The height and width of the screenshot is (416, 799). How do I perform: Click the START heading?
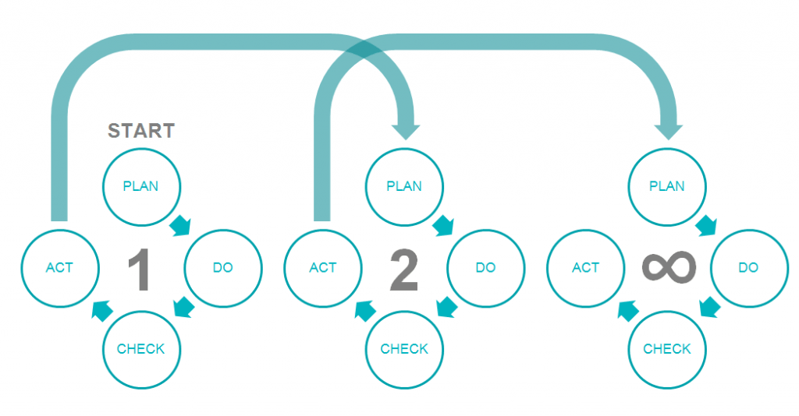(x=140, y=130)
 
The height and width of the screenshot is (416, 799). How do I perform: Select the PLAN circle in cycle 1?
(x=141, y=186)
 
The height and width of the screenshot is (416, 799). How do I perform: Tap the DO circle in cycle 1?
(x=222, y=267)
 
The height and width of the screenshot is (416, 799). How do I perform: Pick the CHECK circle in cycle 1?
(x=141, y=349)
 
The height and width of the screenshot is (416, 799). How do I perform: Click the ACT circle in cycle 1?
(x=59, y=267)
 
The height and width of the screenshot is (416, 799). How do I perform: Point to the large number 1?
(x=139, y=270)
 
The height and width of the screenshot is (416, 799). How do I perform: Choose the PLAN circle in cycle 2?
(x=404, y=186)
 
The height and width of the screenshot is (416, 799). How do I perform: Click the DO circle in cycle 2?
(x=485, y=267)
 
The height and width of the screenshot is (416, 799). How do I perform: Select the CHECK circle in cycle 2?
(x=404, y=349)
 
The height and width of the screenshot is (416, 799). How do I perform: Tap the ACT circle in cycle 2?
(x=322, y=267)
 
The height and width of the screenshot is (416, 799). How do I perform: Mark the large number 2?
(x=403, y=270)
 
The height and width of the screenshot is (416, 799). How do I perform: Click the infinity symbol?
(x=668, y=267)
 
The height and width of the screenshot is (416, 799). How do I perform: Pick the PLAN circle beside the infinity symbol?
(x=667, y=186)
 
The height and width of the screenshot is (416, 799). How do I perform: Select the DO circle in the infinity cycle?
(x=748, y=267)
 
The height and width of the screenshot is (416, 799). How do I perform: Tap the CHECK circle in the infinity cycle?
(x=667, y=349)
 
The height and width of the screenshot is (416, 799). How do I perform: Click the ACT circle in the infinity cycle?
(x=585, y=267)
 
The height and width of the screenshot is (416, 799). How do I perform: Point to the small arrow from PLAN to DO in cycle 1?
(x=180, y=226)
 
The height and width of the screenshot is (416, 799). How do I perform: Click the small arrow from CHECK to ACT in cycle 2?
(x=365, y=311)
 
